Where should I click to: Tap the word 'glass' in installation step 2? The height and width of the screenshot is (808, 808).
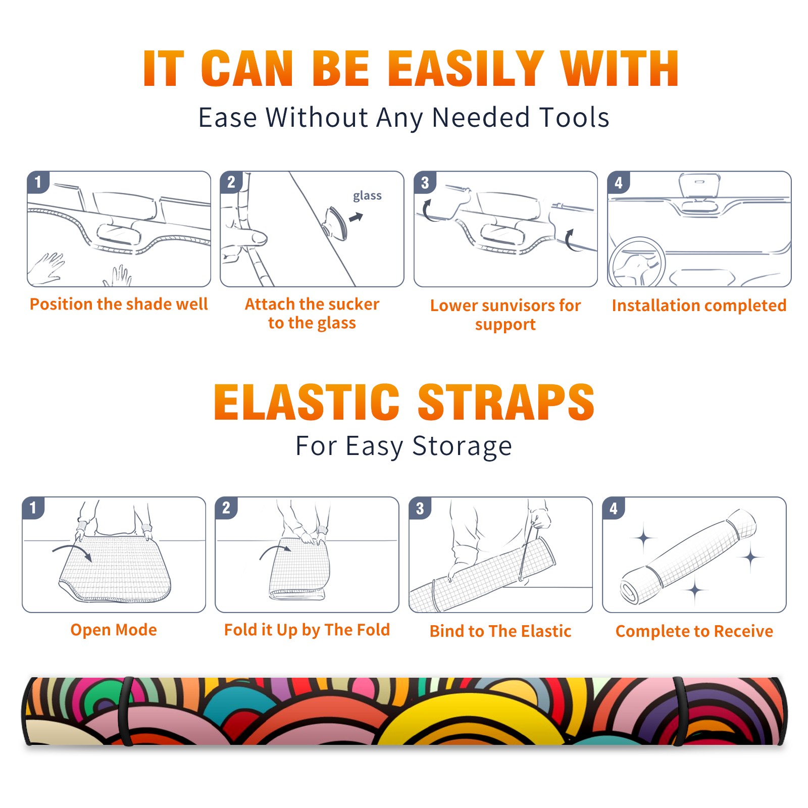(x=367, y=196)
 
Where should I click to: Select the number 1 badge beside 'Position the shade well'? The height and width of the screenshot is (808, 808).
(x=38, y=182)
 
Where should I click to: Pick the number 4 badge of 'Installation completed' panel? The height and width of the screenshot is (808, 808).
(x=619, y=182)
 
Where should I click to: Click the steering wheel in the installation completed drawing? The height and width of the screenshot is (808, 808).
(x=637, y=263)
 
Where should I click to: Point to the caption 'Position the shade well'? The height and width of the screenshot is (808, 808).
(x=119, y=304)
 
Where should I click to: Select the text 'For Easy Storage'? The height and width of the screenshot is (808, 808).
(x=404, y=446)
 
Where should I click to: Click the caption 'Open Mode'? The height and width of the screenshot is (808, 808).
(x=114, y=630)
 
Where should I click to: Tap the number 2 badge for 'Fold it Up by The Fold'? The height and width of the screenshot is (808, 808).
(x=226, y=508)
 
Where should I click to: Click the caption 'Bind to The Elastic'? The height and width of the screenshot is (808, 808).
(x=500, y=631)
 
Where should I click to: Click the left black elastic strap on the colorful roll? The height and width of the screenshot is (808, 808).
(x=126, y=712)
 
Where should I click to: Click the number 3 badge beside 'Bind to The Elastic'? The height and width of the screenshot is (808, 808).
(x=420, y=508)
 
